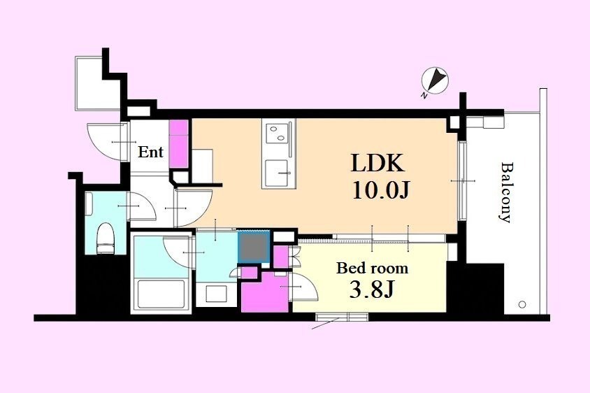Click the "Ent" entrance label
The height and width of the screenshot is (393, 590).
pyautogui.click(x=150, y=152)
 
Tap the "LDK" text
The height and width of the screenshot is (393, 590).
pyautogui.click(x=377, y=163)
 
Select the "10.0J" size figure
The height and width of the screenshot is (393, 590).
pyautogui.click(x=380, y=190)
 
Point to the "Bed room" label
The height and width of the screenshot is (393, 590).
pyautogui.click(x=372, y=269)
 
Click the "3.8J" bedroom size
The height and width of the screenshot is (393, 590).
pyautogui.click(x=371, y=290)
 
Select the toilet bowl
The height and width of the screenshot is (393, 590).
pyautogui.click(x=105, y=238)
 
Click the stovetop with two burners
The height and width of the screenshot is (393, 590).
pyautogui.click(x=277, y=134)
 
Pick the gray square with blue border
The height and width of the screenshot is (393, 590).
pyautogui.click(x=254, y=247)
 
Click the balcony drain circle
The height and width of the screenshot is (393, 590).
pyautogui.click(x=522, y=304)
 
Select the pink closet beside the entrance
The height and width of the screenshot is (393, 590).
pyautogui.click(x=179, y=144)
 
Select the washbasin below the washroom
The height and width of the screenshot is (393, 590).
pyautogui.click(x=216, y=294)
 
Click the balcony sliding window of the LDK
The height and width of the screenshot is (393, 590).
pyautogui.click(x=463, y=181)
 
